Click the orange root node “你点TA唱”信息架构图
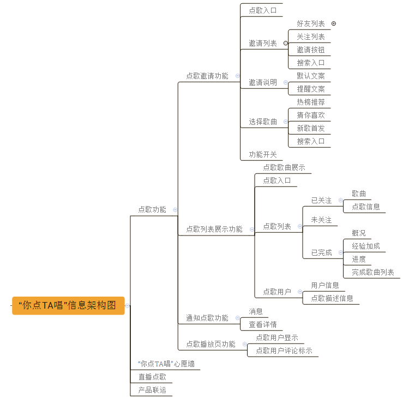pyautogui.click(x=68, y=305)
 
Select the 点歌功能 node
pyautogui.click(x=152, y=209)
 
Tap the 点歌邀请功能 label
pyautogui.click(x=207, y=76)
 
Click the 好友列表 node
pyautogui.click(x=311, y=24)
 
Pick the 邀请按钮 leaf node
pyautogui.click(x=311, y=50)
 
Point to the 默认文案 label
pyautogui.click(x=311, y=76)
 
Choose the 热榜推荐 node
pyautogui.click(x=311, y=102)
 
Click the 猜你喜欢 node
pyautogui.click(x=311, y=115)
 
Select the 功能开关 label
pyautogui.click(x=263, y=154)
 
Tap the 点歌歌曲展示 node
pyautogui.click(x=284, y=167)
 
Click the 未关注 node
pyautogui.click(x=321, y=220)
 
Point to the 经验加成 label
pyautogui.click(x=366, y=246)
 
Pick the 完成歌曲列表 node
pyautogui.click(x=373, y=272)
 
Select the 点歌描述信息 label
pyautogui.click(x=332, y=298)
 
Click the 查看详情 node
pyautogui.click(x=263, y=324)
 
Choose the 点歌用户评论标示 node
pyautogui.click(x=284, y=351)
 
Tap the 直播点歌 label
pyautogui.click(x=152, y=377)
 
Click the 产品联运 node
pyautogui.click(x=152, y=390)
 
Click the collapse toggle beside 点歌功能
pyautogui.click(x=175, y=210)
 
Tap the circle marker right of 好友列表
pyautogui.click(x=334, y=23)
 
